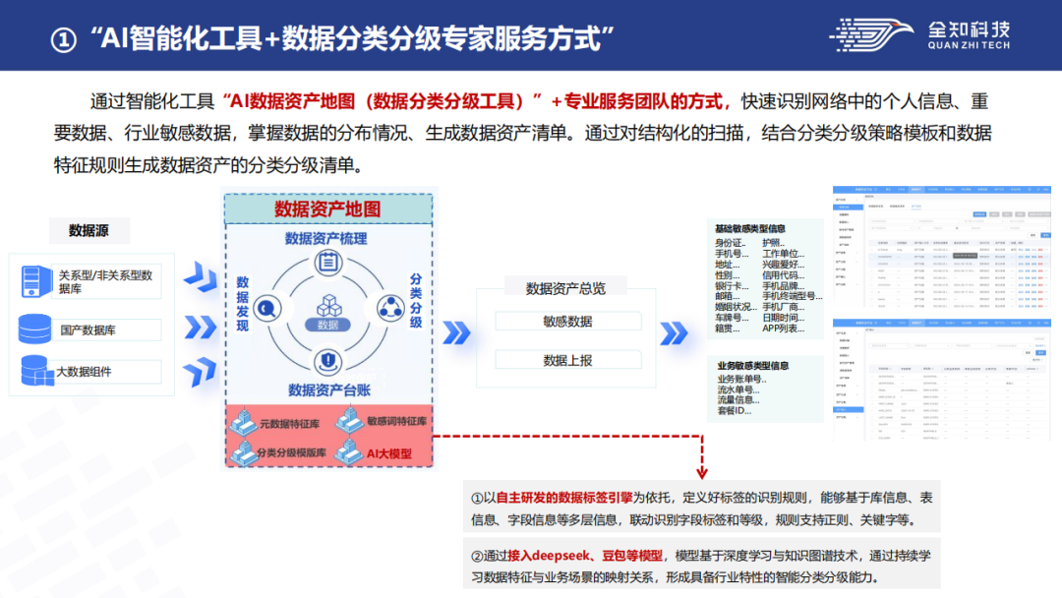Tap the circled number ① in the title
tap(63, 39)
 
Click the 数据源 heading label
tap(88, 230)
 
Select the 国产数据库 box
tap(88, 329)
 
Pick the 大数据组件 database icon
tap(36, 371)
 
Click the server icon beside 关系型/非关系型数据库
tap(36, 282)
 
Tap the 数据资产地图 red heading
tap(327, 209)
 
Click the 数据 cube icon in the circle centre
tap(327, 308)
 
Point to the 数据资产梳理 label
tap(326, 238)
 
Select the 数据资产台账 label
tap(328, 389)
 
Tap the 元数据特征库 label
tap(290, 423)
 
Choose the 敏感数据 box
tap(567, 322)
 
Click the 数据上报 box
tap(567, 361)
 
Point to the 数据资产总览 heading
tap(565, 288)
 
